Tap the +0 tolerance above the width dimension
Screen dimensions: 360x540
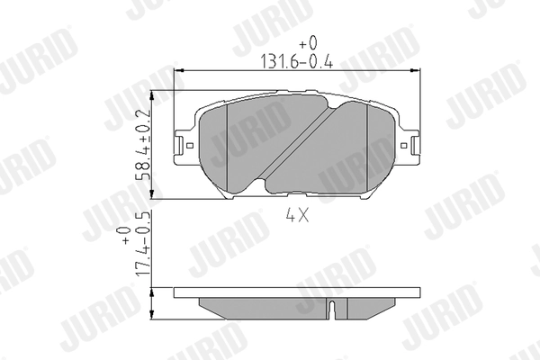(309, 43)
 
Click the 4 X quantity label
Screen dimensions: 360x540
(298, 216)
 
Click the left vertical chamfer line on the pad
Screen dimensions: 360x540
(229, 148)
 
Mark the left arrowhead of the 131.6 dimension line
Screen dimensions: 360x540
(178, 71)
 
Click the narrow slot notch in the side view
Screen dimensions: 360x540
(333, 309)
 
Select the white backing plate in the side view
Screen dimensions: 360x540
(297, 293)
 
